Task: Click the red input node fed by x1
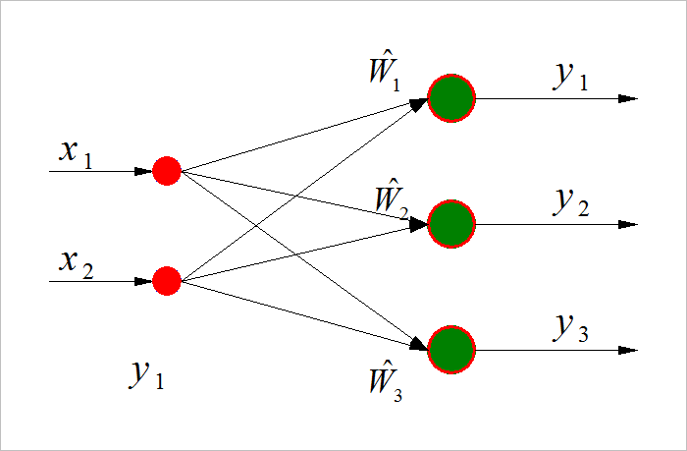click(167, 171)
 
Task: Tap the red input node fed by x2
click(167, 282)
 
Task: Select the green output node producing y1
click(451, 98)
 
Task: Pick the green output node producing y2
click(451, 224)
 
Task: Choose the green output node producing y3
click(451, 350)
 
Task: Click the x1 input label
click(76, 152)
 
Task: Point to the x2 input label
click(76, 263)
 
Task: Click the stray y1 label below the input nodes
click(146, 374)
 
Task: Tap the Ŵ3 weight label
click(384, 379)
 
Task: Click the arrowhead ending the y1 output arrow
click(629, 98)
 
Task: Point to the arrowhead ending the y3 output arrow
click(629, 350)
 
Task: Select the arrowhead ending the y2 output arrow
click(629, 224)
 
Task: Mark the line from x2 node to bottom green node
click(304, 315)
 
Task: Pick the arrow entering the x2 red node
click(98, 282)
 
